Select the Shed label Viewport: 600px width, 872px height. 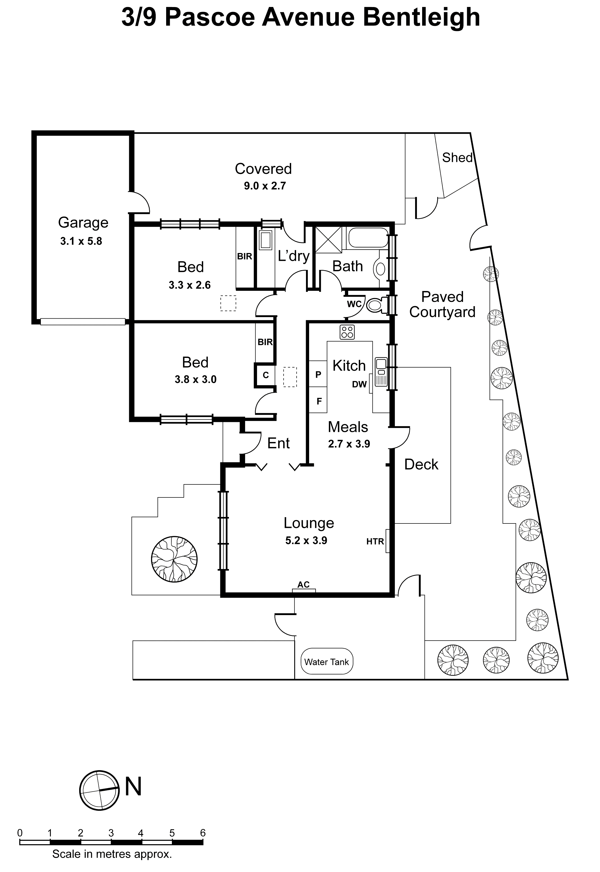[457, 157]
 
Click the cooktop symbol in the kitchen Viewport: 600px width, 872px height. [347, 332]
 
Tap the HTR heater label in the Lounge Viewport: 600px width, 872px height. [375, 541]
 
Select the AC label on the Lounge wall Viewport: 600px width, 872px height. [303, 585]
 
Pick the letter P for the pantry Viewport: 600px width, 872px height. [318, 374]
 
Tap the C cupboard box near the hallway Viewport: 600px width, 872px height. [265, 375]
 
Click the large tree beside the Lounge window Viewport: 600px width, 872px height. [174, 559]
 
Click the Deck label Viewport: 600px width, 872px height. [421, 464]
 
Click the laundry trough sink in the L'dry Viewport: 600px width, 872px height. [265, 240]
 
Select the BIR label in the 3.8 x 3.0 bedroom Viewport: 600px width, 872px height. [265, 342]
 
